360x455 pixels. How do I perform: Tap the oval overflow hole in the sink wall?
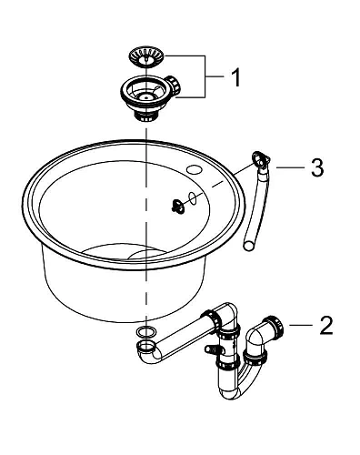[193, 197]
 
